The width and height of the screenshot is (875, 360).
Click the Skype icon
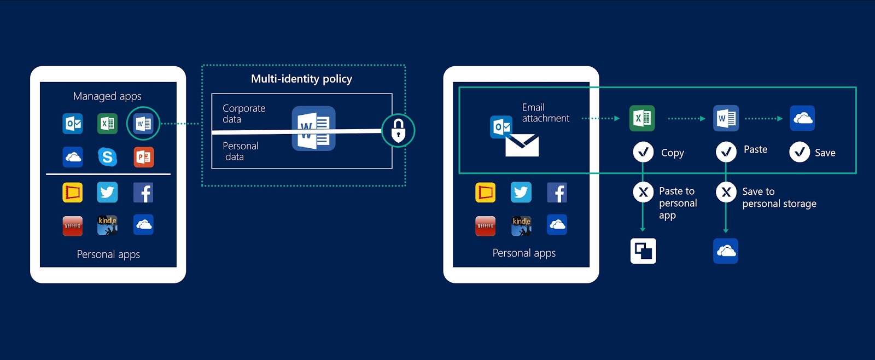click(107, 156)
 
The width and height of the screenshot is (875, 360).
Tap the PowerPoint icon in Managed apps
click(144, 157)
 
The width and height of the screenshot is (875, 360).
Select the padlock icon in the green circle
click(398, 131)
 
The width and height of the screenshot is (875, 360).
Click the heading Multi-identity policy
click(301, 79)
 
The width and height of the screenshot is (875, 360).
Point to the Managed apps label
click(107, 96)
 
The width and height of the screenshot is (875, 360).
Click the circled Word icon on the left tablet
click(143, 124)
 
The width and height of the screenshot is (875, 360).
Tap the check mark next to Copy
click(643, 152)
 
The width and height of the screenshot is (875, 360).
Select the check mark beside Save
click(799, 152)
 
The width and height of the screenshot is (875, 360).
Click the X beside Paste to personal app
click(643, 192)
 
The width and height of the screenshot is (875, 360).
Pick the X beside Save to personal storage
click(726, 192)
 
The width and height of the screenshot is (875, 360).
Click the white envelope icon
click(522, 145)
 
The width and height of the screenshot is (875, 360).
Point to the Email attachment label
click(546, 113)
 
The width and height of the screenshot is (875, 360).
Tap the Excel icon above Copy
click(642, 118)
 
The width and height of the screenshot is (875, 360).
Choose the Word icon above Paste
click(726, 118)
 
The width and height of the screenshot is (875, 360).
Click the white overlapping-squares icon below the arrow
click(643, 251)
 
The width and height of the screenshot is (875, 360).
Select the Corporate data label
click(244, 114)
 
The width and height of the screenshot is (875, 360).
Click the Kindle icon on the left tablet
click(107, 225)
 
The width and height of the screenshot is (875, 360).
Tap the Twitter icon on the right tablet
click(521, 193)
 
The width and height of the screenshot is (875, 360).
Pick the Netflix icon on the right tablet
click(485, 226)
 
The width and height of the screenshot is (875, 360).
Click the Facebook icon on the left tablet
click(143, 193)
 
